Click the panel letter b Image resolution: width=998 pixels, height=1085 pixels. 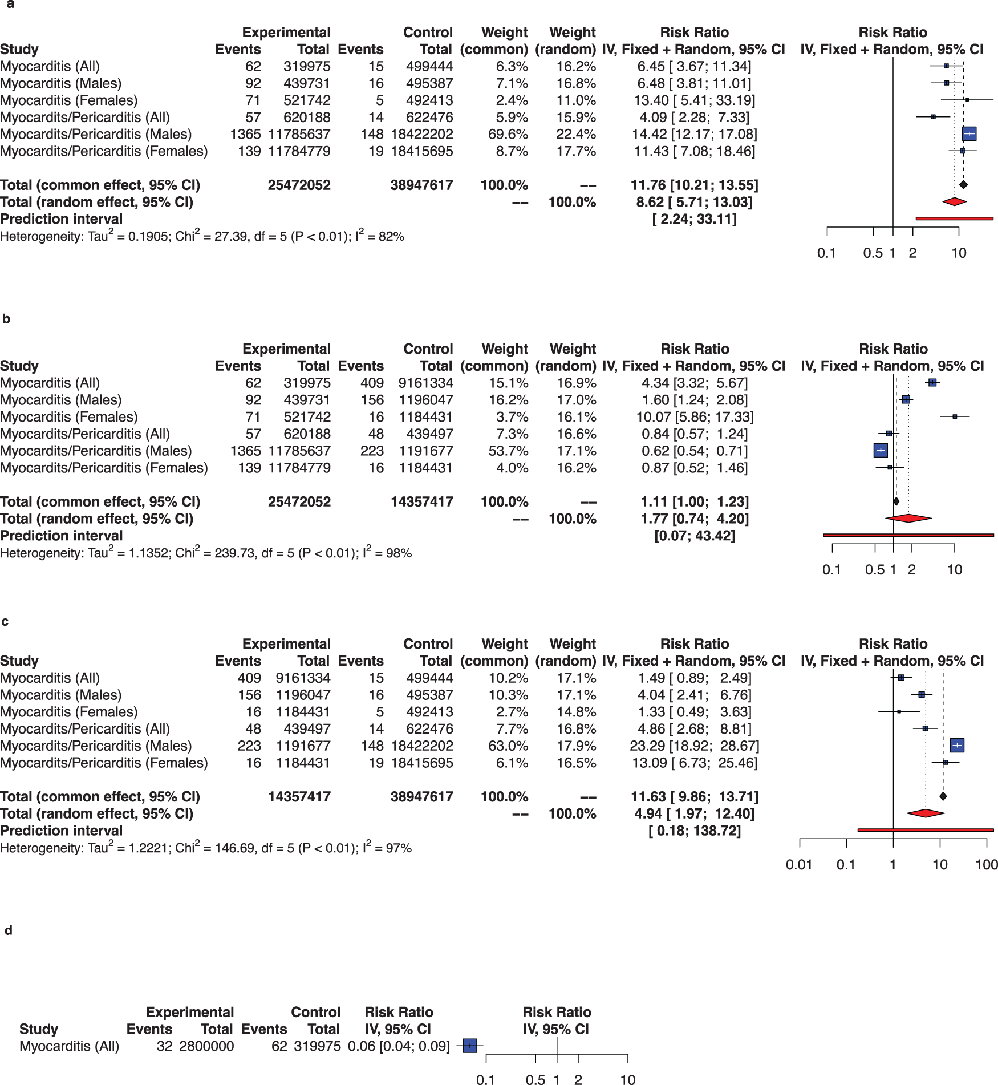6,319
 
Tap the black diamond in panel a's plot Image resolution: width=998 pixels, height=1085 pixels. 963,185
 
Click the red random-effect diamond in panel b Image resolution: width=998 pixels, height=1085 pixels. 908,519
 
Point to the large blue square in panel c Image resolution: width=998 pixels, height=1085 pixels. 957,746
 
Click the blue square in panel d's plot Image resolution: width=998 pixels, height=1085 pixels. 469,1046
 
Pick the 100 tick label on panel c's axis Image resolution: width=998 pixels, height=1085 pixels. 987,865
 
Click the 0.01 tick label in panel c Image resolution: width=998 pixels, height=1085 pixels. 799,865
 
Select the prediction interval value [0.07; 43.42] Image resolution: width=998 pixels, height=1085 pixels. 695,536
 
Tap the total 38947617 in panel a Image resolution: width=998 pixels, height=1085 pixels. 421,185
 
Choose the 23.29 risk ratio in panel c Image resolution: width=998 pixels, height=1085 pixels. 647,746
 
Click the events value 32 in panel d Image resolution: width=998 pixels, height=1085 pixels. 164,1046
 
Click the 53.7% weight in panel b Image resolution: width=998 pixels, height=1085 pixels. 508,451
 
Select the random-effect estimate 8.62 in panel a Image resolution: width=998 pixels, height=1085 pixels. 650,203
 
